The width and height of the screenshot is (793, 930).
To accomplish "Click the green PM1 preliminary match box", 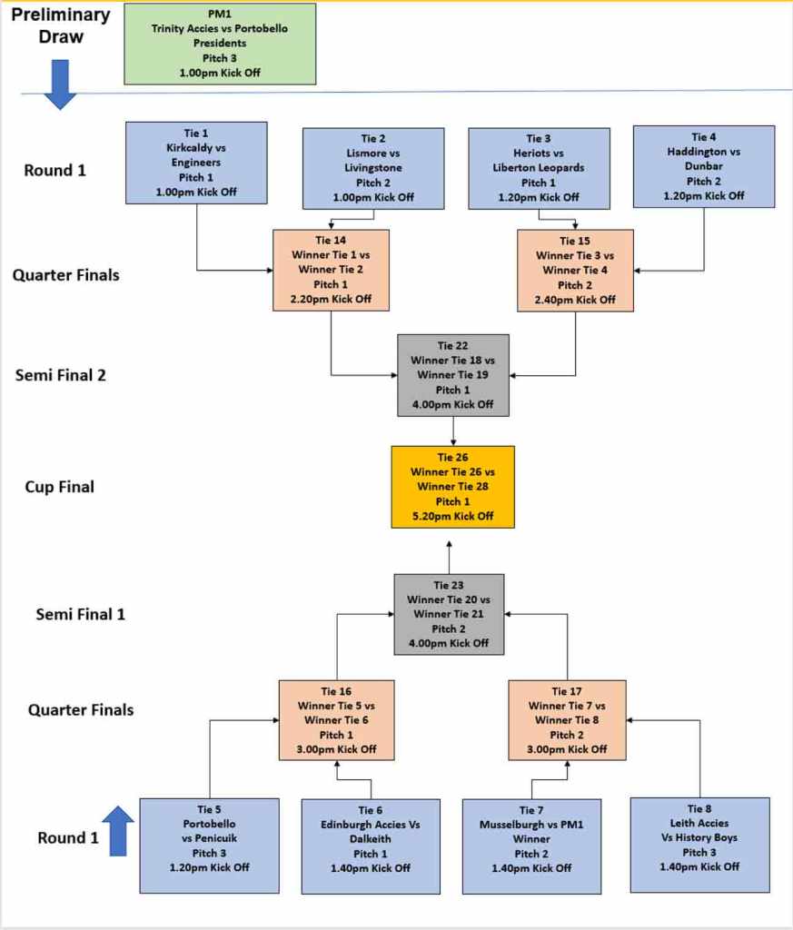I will pyautogui.click(x=220, y=44).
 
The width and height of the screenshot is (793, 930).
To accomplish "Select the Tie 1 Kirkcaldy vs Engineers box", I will pyautogui.click(x=197, y=163).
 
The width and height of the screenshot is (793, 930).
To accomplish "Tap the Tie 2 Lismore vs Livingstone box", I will pyautogui.click(x=373, y=168).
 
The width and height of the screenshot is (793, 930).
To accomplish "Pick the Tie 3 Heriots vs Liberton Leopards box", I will pyautogui.click(x=539, y=168).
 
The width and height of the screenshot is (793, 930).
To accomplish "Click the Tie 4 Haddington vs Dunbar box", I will pyautogui.click(x=703, y=166).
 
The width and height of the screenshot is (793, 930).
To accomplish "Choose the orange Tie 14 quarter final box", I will pyautogui.click(x=331, y=270).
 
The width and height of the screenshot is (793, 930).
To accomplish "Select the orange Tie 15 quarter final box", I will pyautogui.click(x=575, y=270).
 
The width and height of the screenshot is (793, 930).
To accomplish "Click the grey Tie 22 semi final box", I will pyautogui.click(x=453, y=375).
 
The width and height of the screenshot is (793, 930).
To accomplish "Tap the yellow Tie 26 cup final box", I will pyautogui.click(x=453, y=487).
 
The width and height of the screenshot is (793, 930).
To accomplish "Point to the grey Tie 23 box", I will pyautogui.click(x=449, y=614).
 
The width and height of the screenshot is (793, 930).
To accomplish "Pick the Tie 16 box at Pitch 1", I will pyautogui.click(x=337, y=720).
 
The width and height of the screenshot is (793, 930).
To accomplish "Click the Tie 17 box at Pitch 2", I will pyautogui.click(x=567, y=720).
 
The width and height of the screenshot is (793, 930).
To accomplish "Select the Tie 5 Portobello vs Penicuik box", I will pyautogui.click(x=209, y=846).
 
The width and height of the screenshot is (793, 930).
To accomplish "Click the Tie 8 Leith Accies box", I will pyautogui.click(x=699, y=845).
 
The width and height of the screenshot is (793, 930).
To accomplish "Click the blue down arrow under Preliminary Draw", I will pyautogui.click(x=61, y=84).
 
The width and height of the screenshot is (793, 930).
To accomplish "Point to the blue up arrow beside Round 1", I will pyautogui.click(x=118, y=831).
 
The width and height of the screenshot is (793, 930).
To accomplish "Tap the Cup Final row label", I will pyautogui.click(x=59, y=487).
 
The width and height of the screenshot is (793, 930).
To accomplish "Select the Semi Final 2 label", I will pyautogui.click(x=61, y=374).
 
